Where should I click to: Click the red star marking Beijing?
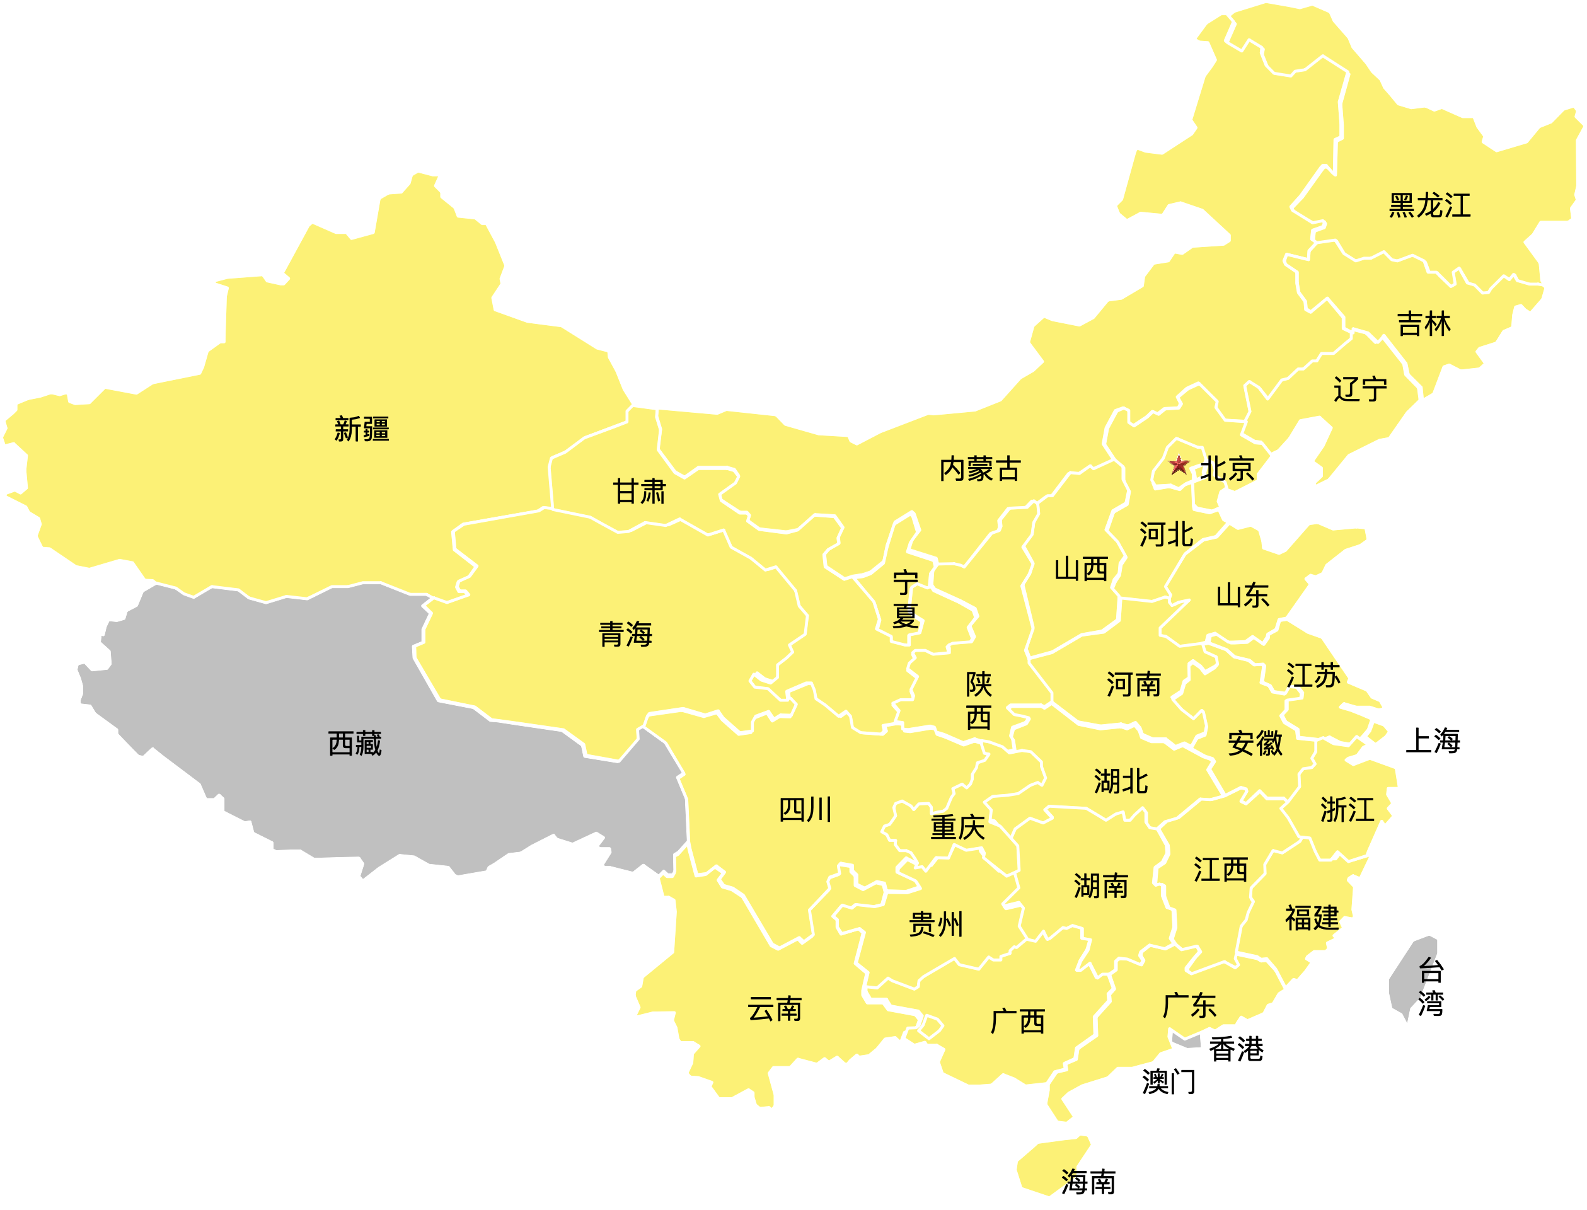[x=1179, y=465]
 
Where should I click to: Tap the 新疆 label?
[x=362, y=429]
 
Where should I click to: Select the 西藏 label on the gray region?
[x=354, y=743]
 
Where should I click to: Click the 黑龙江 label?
[x=1429, y=206]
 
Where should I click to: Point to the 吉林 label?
[x=1424, y=324]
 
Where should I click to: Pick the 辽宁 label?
[x=1360, y=389]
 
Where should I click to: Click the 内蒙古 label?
[x=979, y=470]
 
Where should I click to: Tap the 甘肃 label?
[x=639, y=493]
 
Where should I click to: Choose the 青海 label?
[x=625, y=635]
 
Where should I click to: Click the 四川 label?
[x=805, y=810]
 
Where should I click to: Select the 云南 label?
[x=775, y=1010]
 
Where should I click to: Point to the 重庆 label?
[x=957, y=827]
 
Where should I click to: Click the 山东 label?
[x=1243, y=596]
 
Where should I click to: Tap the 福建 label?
[x=1312, y=918]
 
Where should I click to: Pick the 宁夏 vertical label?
[x=906, y=599]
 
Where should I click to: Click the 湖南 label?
[x=1100, y=887]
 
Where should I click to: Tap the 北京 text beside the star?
[x=1228, y=469]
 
